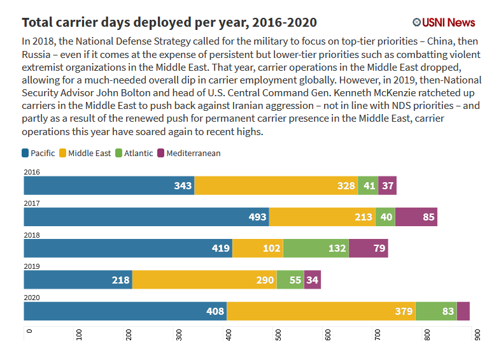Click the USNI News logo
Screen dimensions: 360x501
(x=444, y=22)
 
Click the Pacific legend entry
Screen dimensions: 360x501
(x=38, y=153)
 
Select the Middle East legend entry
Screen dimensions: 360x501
(x=85, y=153)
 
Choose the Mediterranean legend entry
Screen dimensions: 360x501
(x=188, y=153)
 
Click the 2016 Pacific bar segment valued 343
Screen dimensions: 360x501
(x=109, y=185)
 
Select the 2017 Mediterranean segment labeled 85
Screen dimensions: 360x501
(x=416, y=217)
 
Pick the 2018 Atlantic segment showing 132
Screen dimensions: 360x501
(x=316, y=248)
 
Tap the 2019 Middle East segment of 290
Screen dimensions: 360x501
(x=204, y=279)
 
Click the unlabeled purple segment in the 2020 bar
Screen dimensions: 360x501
(x=463, y=311)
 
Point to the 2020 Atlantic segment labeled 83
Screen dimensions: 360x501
(x=436, y=311)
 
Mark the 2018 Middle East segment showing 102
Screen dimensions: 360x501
(x=258, y=248)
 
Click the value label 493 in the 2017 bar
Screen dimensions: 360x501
(x=258, y=217)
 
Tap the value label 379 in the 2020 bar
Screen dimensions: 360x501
(x=403, y=312)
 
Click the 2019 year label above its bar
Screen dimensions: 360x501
(x=32, y=266)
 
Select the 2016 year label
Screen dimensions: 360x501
(x=32, y=172)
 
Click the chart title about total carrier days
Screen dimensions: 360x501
(x=169, y=23)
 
